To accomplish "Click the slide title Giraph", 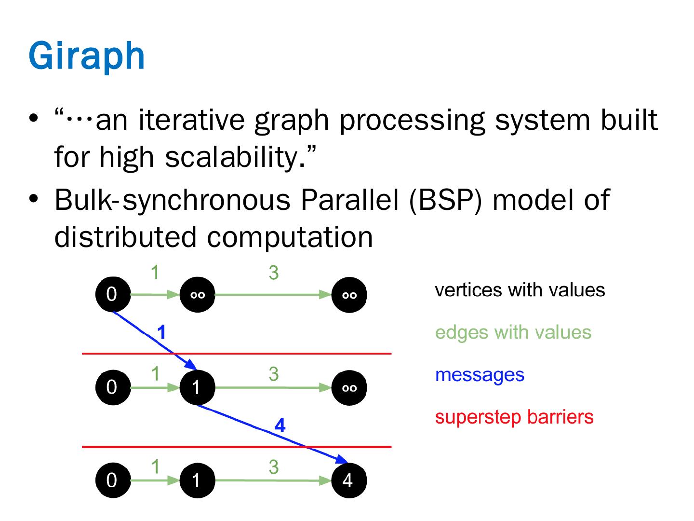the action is pyautogui.click(x=87, y=56).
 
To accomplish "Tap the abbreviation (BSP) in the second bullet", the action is pyautogui.click(x=445, y=200).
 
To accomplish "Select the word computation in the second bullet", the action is pyautogui.click(x=290, y=237).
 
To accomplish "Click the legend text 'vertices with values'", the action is pyautogui.click(x=520, y=290).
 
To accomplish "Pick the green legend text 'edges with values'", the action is pyautogui.click(x=513, y=333).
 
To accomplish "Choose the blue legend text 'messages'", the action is pyautogui.click(x=480, y=375).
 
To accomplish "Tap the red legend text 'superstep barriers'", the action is pyautogui.click(x=514, y=417).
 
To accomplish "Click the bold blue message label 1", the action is pyautogui.click(x=161, y=332).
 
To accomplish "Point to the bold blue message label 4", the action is pyautogui.click(x=280, y=425).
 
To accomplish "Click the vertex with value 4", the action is pyautogui.click(x=349, y=480).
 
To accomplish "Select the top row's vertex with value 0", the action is pyautogui.click(x=113, y=294).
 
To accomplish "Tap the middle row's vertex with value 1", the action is pyautogui.click(x=197, y=387).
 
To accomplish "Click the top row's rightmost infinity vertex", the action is pyautogui.click(x=349, y=295).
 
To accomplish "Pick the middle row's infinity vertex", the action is pyautogui.click(x=349, y=387).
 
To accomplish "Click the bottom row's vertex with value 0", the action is pyautogui.click(x=113, y=480).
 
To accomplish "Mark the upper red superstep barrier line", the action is pyautogui.click(x=237, y=353).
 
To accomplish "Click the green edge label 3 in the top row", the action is pyautogui.click(x=273, y=273).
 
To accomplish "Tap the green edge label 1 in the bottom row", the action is pyautogui.click(x=155, y=466).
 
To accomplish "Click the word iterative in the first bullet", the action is pyautogui.click(x=192, y=120).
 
